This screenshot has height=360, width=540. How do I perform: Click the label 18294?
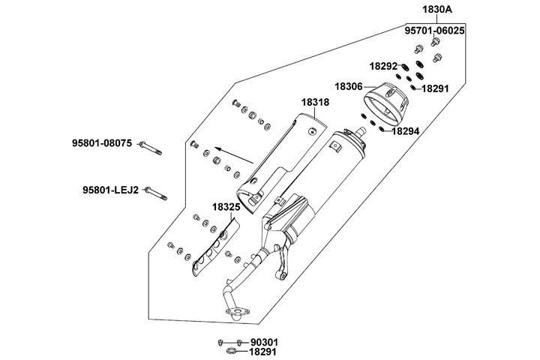point(404,130)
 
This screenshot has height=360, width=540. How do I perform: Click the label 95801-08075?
point(102,142)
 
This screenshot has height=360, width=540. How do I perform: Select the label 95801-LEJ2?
point(110,190)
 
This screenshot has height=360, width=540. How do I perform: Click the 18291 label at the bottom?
point(262,351)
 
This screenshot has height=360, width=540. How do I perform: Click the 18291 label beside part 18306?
point(435,88)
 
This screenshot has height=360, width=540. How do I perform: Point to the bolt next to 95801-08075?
point(151,148)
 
